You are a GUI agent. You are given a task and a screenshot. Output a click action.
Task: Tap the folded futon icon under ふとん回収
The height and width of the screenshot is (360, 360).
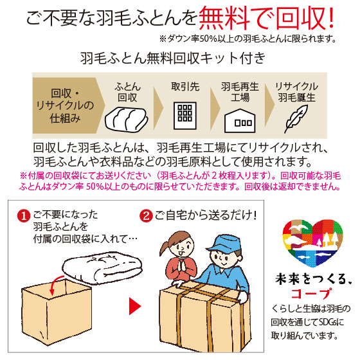(x=127, y=116)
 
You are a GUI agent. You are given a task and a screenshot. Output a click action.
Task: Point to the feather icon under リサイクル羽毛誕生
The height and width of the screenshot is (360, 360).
(x=296, y=116)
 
